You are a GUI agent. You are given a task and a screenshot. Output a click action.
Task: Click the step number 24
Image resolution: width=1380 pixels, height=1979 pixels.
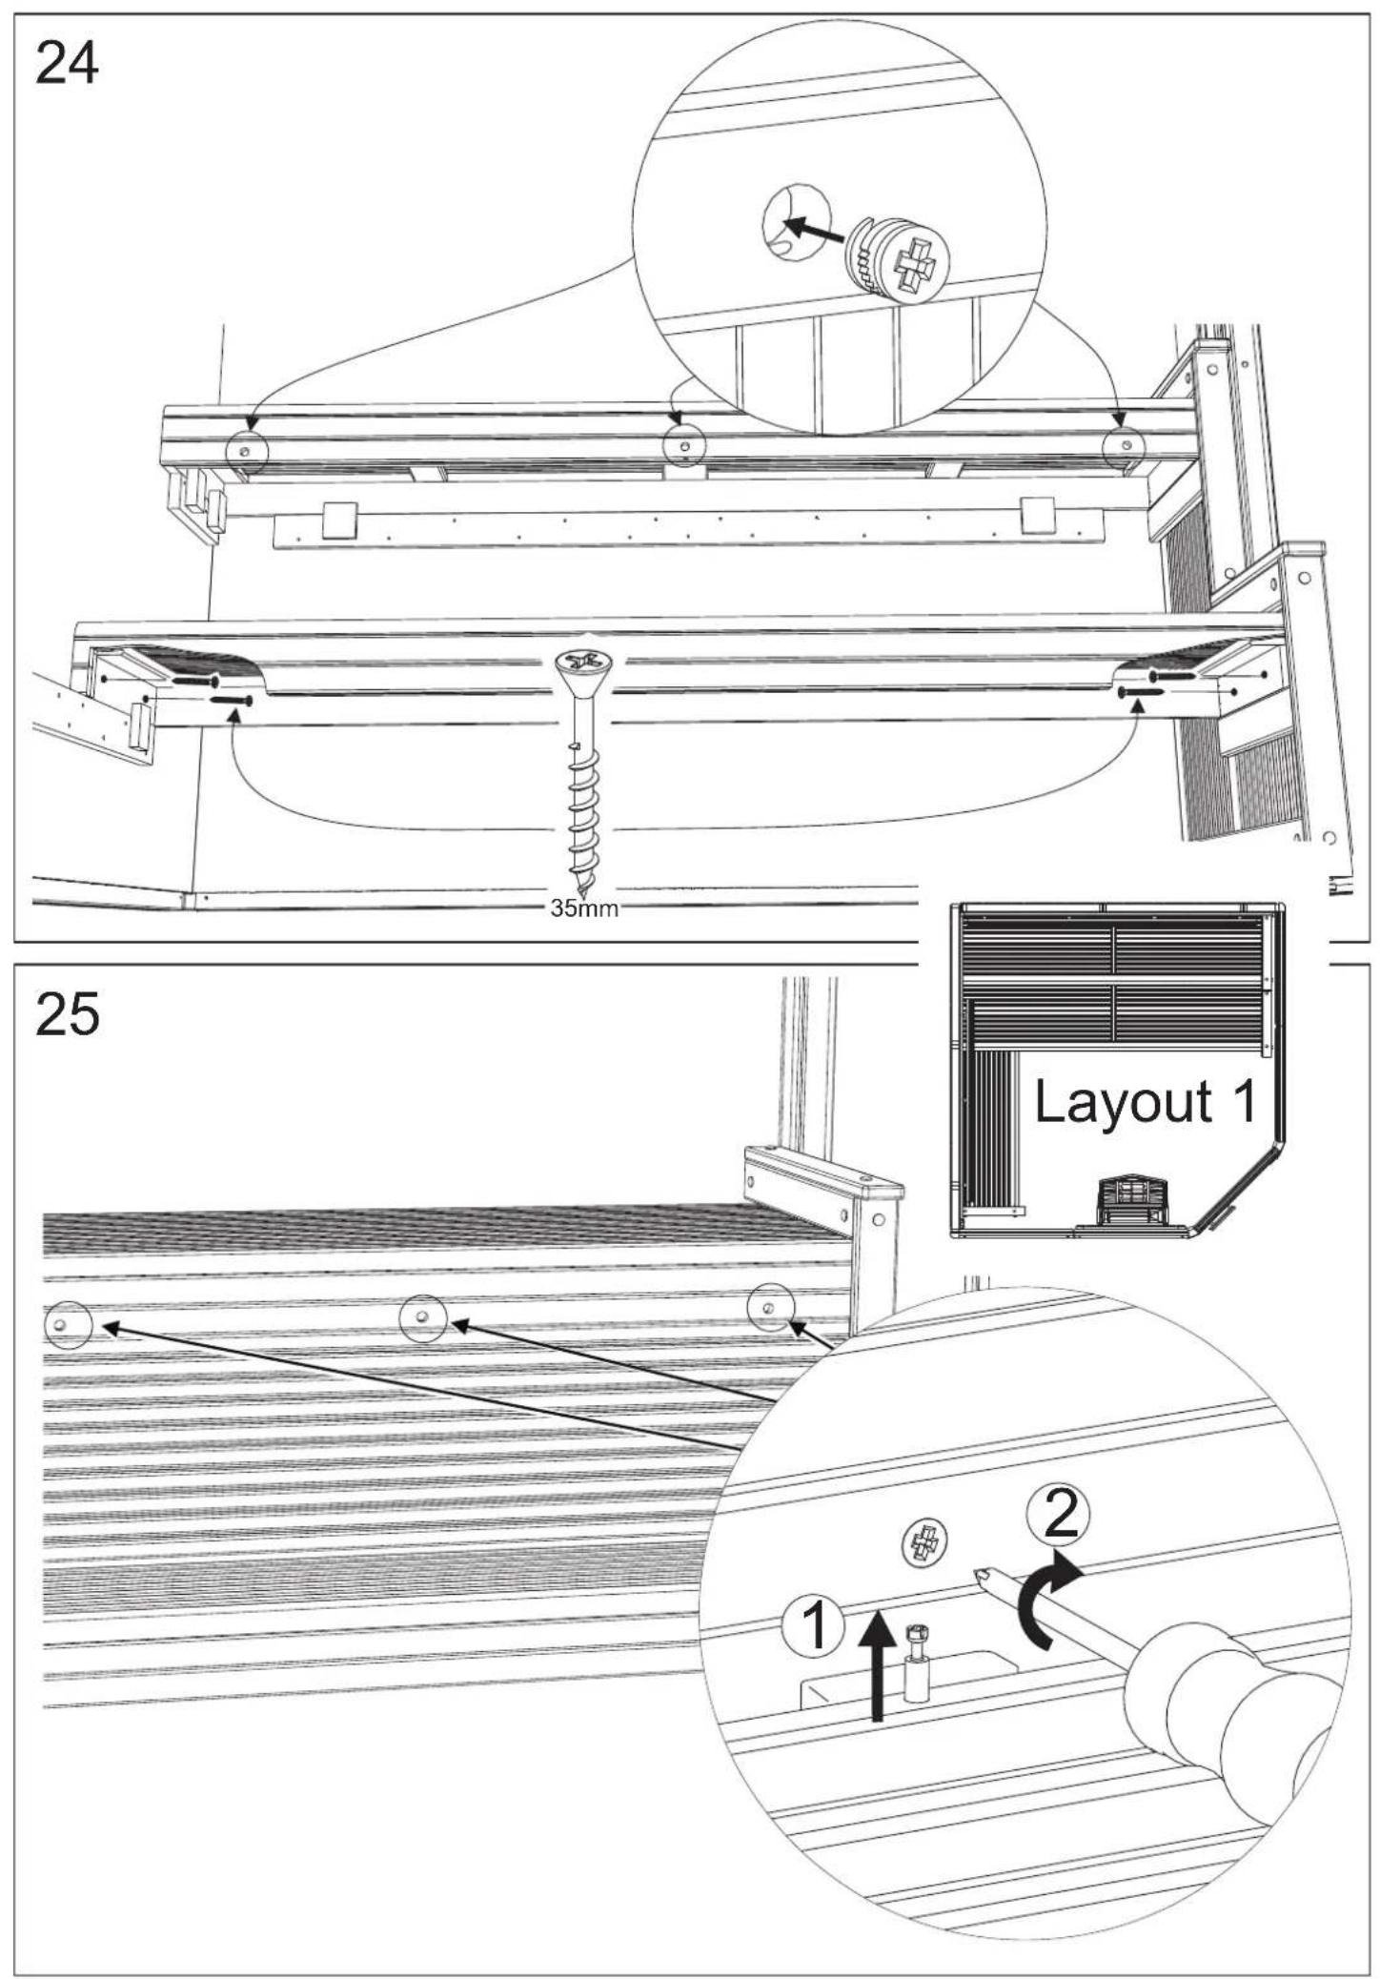67,66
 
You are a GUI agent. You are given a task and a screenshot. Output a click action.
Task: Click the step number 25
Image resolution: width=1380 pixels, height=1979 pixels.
67,1014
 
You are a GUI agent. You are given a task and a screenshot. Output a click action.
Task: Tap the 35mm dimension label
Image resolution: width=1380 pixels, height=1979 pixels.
584,908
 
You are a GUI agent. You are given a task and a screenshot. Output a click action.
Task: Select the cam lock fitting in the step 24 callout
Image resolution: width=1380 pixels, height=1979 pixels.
899,257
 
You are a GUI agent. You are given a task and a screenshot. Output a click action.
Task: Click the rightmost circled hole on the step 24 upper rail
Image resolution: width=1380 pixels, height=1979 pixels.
1125,446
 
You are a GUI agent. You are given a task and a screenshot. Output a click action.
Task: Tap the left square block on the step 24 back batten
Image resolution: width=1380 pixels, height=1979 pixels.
339,520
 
